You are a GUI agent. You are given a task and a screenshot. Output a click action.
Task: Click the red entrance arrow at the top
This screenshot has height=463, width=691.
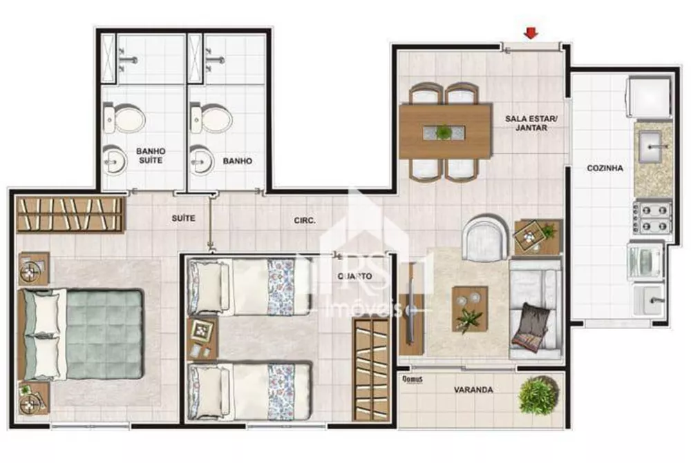click(x=531, y=32)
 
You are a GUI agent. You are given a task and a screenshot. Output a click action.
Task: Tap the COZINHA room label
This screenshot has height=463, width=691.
click(x=605, y=168)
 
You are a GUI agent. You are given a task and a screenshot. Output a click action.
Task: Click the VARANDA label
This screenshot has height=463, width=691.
click(x=473, y=390)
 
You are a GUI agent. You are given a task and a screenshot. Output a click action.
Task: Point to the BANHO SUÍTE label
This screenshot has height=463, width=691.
click(x=151, y=155)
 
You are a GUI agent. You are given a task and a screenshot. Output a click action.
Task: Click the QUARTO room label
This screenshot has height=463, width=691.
click(x=355, y=277)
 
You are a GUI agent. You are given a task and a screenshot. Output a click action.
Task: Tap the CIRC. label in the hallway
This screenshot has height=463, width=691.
click(x=305, y=221)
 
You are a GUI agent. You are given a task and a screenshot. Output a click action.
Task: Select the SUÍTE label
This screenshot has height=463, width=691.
click(x=183, y=218)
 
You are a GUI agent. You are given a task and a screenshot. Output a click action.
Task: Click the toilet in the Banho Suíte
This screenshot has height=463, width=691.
click(x=124, y=118)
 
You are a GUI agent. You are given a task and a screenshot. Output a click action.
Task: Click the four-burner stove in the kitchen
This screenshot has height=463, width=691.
click(x=654, y=217)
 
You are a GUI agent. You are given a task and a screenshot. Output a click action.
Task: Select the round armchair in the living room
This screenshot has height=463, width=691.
click(x=486, y=237)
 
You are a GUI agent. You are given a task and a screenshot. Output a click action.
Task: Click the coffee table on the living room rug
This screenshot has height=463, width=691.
click(x=469, y=308)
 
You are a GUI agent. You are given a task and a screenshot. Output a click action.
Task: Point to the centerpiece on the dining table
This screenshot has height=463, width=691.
click(x=442, y=131)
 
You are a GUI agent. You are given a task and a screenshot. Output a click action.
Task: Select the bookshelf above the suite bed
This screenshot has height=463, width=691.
click(x=69, y=214)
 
